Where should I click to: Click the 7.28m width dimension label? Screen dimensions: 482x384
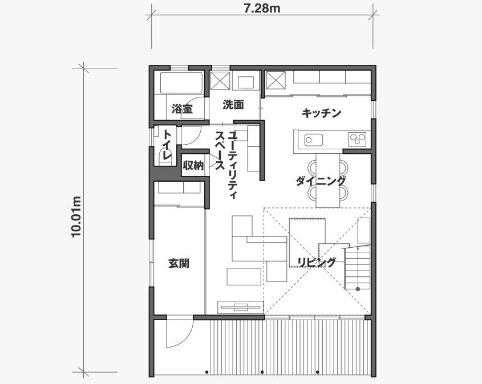coord(262,9)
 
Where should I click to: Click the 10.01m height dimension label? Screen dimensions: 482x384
coord(76,216)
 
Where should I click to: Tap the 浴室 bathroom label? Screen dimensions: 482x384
coord(182,109)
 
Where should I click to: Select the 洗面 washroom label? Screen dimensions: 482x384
coord(233,105)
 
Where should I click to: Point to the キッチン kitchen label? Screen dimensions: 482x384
coord(321,113)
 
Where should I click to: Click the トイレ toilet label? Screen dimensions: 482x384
coord(167,145)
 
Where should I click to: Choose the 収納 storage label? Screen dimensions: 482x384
coord(193,166)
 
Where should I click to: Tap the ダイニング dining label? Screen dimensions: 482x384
coord(321,181)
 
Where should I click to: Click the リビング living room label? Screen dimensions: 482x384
coord(317,262)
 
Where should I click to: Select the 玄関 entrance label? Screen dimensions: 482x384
coord(179,263)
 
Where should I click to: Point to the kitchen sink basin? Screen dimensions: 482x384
coord(314,140)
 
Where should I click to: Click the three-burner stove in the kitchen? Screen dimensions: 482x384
coord(357,140)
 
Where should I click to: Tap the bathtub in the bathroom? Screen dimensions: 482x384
coord(181,83)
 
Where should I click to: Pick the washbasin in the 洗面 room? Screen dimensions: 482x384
coord(246,82)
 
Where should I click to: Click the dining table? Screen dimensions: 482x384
coord(327,181)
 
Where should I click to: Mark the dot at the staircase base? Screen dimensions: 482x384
coord(358,289)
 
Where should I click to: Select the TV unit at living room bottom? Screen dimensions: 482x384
coord(240,307)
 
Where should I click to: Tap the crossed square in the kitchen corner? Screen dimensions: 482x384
coord(276,80)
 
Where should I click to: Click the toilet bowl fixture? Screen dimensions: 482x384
coord(165,156)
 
